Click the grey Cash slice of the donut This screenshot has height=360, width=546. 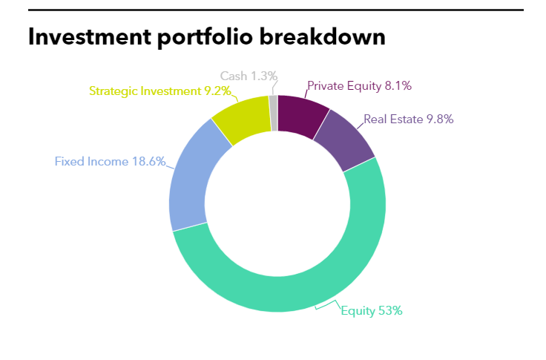273,113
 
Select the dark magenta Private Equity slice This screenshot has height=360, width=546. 301,116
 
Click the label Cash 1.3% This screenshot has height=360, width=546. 249,76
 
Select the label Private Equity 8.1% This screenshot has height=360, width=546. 359,85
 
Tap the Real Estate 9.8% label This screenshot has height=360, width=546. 409,120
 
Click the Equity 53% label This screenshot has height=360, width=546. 372,310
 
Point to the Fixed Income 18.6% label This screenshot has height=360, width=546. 110,161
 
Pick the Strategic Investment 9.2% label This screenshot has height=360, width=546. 160,91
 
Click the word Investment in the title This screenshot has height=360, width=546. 90,36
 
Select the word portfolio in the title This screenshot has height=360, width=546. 205,38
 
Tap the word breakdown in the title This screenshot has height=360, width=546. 323,36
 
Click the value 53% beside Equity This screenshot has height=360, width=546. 390,310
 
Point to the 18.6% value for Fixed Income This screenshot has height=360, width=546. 148,161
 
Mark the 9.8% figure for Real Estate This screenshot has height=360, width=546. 440,120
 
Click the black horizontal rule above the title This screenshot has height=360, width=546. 276,10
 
